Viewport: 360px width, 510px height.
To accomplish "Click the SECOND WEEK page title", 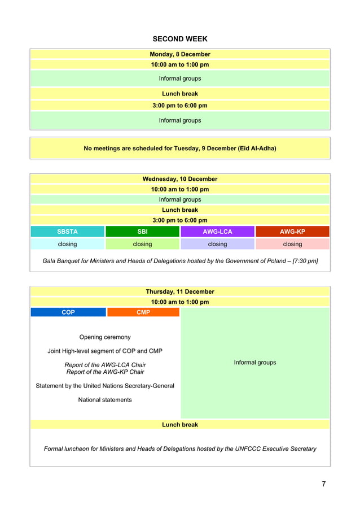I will tap(180, 39).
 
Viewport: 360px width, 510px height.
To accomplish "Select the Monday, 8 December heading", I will tap(180, 54).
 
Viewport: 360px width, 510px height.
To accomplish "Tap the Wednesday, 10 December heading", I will tap(180, 179).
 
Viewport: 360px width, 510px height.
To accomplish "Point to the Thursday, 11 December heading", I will tap(180, 292).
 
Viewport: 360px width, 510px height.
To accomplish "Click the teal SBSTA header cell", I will tap(68, 232).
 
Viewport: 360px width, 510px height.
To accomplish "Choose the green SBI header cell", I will tap(142, 232).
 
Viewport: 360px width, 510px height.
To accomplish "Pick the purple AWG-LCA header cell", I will tap(217, 232).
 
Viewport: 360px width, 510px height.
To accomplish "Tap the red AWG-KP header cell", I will tap(292, 232).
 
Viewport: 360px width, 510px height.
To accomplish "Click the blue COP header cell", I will tap(68, 312).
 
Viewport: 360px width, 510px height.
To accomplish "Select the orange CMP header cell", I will tap(143, 312).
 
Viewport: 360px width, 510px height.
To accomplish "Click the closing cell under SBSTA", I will tap(68, 244).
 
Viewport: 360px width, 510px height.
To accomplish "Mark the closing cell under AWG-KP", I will tap(292, 244).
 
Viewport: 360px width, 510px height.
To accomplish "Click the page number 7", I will tap(324, 483).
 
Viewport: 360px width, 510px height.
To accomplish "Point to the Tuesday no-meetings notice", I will tap(180, 149).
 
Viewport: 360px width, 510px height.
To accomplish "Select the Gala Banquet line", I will tap(180, 261).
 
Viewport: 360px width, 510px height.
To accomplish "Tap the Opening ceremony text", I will tap(105, 337).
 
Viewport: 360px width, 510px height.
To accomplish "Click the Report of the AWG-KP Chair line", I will tap(105, 372).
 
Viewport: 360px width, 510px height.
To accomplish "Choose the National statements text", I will tap(105, 400).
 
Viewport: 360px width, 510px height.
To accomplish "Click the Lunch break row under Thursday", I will tap(180, 425).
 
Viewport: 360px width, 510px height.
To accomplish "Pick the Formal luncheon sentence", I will tap(180, 449).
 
